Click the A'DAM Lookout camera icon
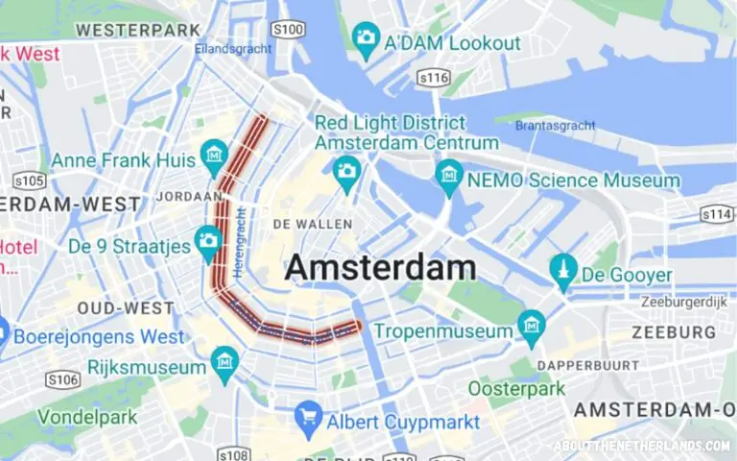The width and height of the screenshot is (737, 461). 366,38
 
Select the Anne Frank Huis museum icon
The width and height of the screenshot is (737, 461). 214,154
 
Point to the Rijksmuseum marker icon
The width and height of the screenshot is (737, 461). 225,361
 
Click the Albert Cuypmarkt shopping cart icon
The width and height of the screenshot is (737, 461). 309,415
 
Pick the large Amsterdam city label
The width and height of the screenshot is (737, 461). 380,267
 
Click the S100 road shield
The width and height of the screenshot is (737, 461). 288,30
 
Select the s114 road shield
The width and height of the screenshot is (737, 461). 716,213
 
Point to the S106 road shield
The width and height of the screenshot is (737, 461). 62,379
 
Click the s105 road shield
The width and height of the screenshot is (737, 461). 30,180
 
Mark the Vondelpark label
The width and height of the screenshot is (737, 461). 86,418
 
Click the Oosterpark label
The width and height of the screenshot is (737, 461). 517,389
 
